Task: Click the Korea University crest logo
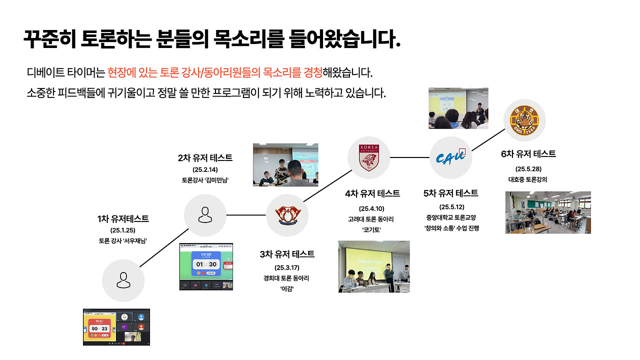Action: (368, 157)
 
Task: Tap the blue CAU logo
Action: (451, 157)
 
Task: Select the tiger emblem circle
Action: (524, 120)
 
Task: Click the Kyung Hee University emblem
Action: (287, 215)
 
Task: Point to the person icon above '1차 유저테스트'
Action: (123, 280)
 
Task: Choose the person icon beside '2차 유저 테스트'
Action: (205, 215)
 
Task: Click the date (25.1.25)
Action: (123, 230)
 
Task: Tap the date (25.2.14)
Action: (205, 169)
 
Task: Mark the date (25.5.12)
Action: (451, 206)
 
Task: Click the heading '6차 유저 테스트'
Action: (528, 154)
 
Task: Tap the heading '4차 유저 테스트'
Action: (372, 193)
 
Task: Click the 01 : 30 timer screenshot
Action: (206, 267)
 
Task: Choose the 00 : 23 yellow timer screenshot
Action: (116, 327)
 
